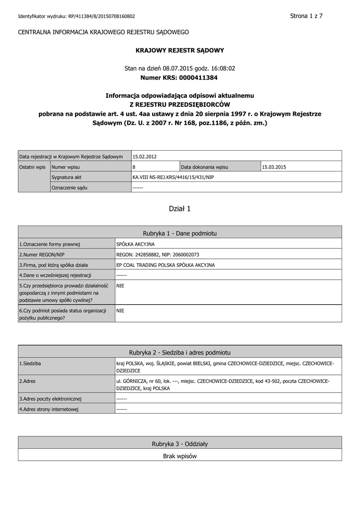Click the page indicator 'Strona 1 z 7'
[x=306, y=16]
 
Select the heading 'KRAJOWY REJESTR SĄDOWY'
[x=180, y=50]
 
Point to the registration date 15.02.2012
[x=145, y=157]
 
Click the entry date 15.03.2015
[x=274, y=167]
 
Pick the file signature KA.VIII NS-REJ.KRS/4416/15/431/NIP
[x=173, y=177]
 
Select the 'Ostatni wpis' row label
[x=32, y=167]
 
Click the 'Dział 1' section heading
[x=180, y=209]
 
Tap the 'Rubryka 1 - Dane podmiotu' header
[x=180, y=233]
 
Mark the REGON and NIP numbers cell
[x=158, y=254]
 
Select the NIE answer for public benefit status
[x=120, y=311]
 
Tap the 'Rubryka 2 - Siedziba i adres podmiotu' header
[x=180, y=352]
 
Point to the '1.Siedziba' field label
[x=30, y=364]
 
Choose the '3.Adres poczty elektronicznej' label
[x=50, y=399]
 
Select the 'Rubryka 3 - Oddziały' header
[x=180, y=443]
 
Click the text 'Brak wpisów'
[x=180, y=456]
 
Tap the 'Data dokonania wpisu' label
[x=204, y=167]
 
